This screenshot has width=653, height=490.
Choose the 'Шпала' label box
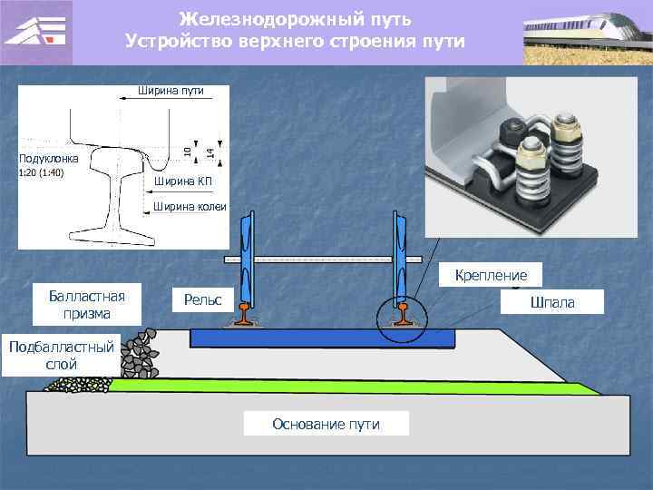[x=552, y=301]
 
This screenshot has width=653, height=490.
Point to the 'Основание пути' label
[x=326, y=424]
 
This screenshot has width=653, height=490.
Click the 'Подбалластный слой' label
[x=60, y=355]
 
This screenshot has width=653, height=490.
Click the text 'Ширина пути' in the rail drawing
[x=170, y=91]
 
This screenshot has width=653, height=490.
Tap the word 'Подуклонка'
[x=49, y=159]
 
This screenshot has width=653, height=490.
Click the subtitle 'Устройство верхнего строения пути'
[x=296, y=42]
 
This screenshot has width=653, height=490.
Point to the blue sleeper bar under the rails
[x=322, y=338]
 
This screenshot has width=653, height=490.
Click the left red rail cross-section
[x=248, y=317]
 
